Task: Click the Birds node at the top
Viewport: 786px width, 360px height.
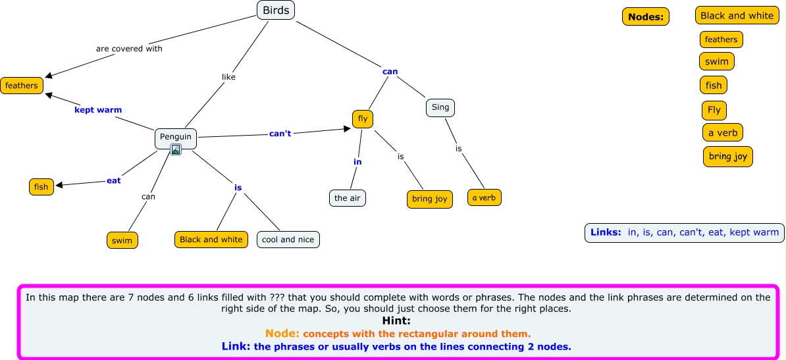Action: (276, 10)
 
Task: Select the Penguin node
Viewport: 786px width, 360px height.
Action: (176, 137)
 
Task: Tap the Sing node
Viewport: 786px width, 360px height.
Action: (440, 107)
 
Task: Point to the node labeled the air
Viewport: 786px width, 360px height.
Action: (348, 197)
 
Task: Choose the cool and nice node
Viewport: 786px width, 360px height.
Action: (288, 240)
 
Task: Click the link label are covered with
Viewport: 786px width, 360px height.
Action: (129, 49)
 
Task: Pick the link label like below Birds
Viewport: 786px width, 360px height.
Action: (228, 77)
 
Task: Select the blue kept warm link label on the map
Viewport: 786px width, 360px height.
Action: (98, 110)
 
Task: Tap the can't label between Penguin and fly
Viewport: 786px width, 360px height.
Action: (280, 134)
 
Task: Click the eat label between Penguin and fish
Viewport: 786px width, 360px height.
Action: (114, 180)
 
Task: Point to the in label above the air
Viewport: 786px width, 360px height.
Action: (357, 162)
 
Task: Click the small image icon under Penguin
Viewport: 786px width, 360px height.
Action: (176, 150)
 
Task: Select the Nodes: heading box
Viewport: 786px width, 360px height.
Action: (645, 17)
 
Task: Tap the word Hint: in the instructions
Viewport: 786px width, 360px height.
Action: (396, 321)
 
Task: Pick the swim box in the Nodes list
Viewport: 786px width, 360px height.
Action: (716, 62)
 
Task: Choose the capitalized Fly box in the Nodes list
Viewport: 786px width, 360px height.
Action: (714, 111)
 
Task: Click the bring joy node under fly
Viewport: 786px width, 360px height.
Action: (429, 199)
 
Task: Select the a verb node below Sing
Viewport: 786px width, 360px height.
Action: (485, 197)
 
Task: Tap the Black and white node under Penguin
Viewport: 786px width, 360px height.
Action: (211, 240)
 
